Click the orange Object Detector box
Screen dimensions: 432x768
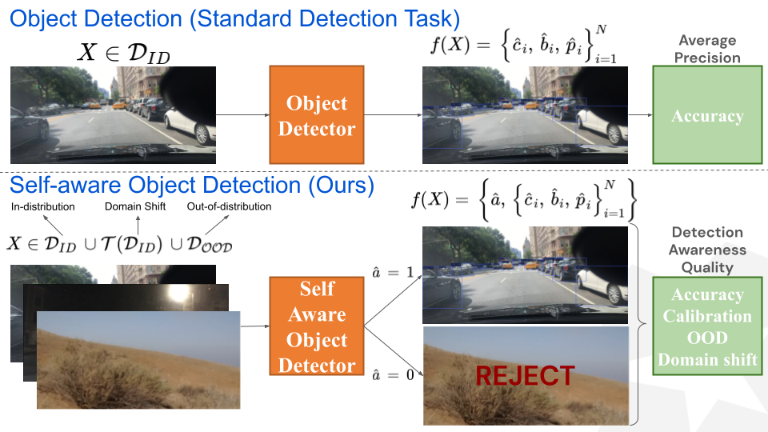[317, 116]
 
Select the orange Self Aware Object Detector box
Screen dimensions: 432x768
[317, 327]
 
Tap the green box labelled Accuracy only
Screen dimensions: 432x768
[707, 116]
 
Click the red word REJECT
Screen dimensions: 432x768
[526, 376]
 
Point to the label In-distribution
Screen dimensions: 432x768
[43, 207]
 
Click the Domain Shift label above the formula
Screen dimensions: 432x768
[135, 207]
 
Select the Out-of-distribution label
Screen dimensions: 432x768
[229, 207]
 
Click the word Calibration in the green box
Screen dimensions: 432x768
[707, 316]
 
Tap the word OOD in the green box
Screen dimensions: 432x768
[707, 338]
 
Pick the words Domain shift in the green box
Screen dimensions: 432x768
[707, 359]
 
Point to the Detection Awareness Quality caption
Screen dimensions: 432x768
[707, 249]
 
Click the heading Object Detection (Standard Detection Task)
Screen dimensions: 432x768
[235, 18]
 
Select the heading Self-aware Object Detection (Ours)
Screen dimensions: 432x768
[192, 186]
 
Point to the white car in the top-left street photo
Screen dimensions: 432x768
[190, 120]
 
